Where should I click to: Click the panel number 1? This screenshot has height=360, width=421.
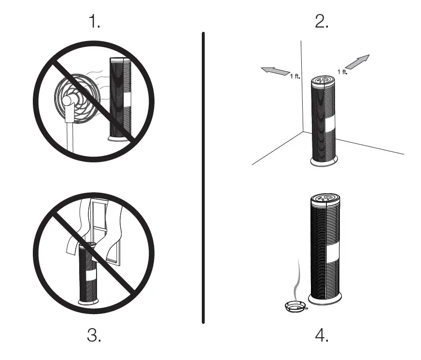click(x=95, y=22)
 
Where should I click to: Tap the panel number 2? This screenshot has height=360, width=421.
click(x=322, y=22)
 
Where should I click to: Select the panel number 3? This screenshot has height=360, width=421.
click(x=95, y=335)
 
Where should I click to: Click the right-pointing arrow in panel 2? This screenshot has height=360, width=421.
click(x=358, y=62)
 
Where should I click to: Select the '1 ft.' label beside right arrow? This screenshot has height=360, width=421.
click(x=342, y=72)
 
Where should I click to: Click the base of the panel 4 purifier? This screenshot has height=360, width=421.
click(x=326, y=300)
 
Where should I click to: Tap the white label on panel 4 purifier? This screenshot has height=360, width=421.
click(x=333, y=251)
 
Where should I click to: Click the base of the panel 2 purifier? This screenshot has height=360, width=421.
click(x=323, y=162)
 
